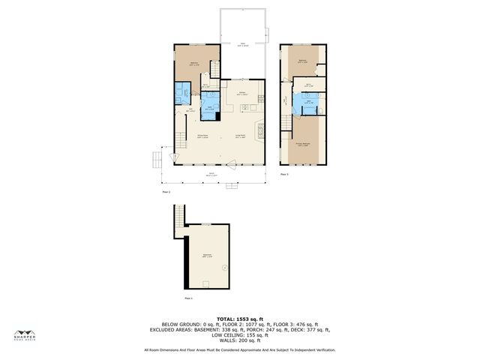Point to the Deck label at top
click(242, 44)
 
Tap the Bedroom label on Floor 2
click(193, 63)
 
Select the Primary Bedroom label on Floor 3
click(303, 144)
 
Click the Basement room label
click(207, 256)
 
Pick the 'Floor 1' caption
click(189, 298)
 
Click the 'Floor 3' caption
click(284, 174)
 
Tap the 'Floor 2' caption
click(166, 192)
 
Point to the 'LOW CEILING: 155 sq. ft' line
click(240, 334)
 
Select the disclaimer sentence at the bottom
click(240, 349)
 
